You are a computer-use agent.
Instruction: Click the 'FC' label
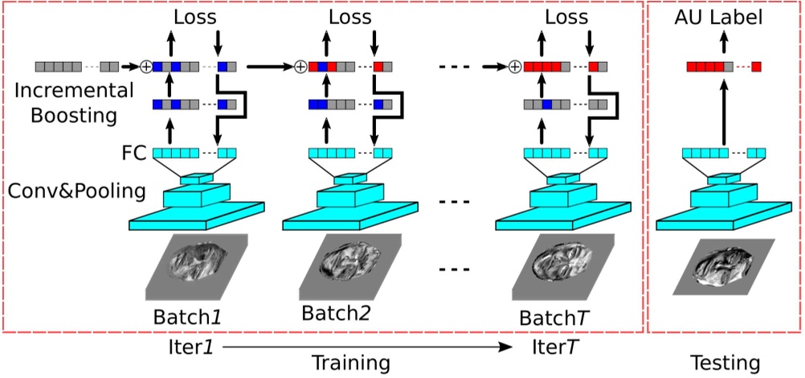pos(135,152)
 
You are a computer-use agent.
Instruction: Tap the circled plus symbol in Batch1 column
pos(146,67)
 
